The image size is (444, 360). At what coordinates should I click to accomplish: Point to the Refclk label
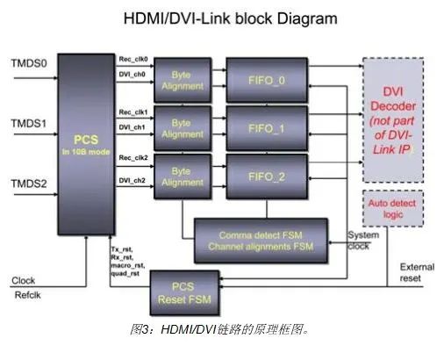(26, 297)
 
